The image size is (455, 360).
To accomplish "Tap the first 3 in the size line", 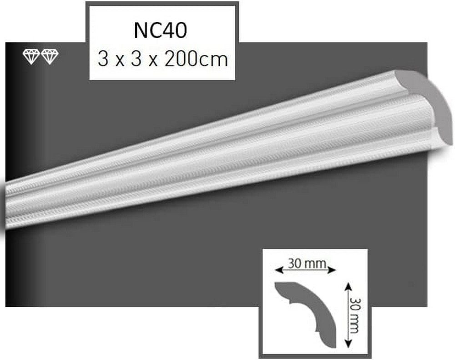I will [102, 60].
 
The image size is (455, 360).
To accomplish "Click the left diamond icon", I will [31, 57].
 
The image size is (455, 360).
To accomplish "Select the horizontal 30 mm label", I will [303, 263].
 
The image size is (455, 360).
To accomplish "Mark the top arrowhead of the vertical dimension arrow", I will [349, 286].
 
